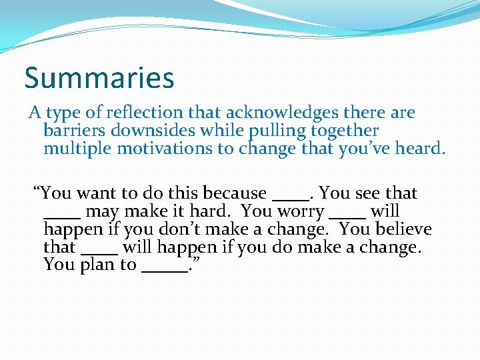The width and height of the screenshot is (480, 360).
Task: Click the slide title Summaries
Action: [99, 77]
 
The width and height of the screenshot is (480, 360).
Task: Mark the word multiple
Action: [78, 149]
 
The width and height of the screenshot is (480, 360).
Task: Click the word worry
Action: [299, 211]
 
